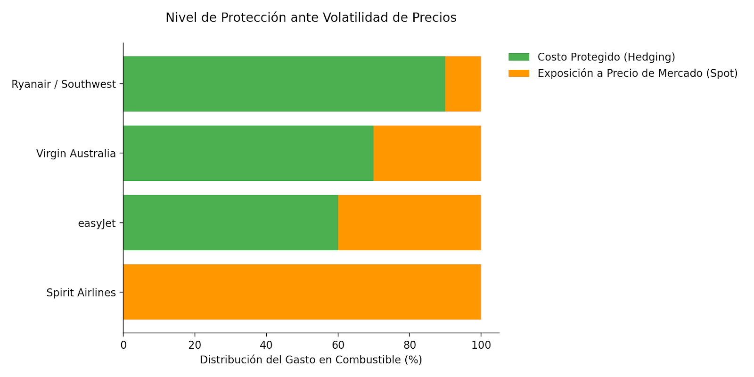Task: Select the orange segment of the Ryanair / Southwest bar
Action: click(463, 84)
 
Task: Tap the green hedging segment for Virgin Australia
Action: click(248, 153)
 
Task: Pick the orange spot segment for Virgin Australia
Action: click(427, 153)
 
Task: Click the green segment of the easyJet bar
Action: click(230, 222)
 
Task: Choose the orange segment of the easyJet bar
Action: click(409, 222)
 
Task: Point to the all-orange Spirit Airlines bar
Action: click(302, 292)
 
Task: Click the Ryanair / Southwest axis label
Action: click(64, 84)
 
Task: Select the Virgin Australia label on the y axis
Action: click(76, 154)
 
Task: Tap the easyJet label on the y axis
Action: click(97, 223)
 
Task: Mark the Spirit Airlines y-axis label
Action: click(81, 293)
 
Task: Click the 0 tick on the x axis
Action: click(123, 345)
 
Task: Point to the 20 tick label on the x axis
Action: click(195, 345)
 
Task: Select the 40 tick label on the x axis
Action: click(266, 345)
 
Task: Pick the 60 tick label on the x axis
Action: click(338, 345)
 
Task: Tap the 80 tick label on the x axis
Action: click(410, 345)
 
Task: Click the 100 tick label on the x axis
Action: click(481, 345)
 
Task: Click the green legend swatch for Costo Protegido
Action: click(519, 57)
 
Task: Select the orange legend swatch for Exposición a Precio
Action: click(519, 74)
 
